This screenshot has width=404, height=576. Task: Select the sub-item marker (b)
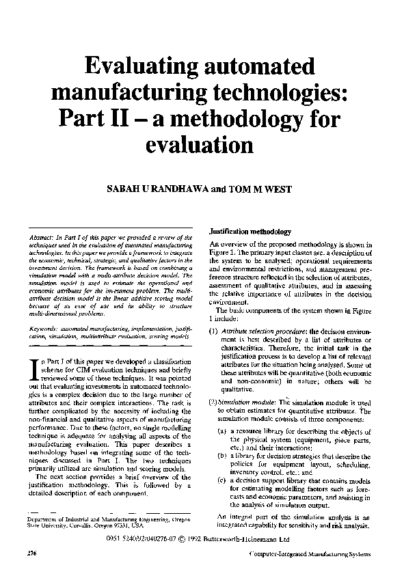pyautogui.click(x=223, y=454)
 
